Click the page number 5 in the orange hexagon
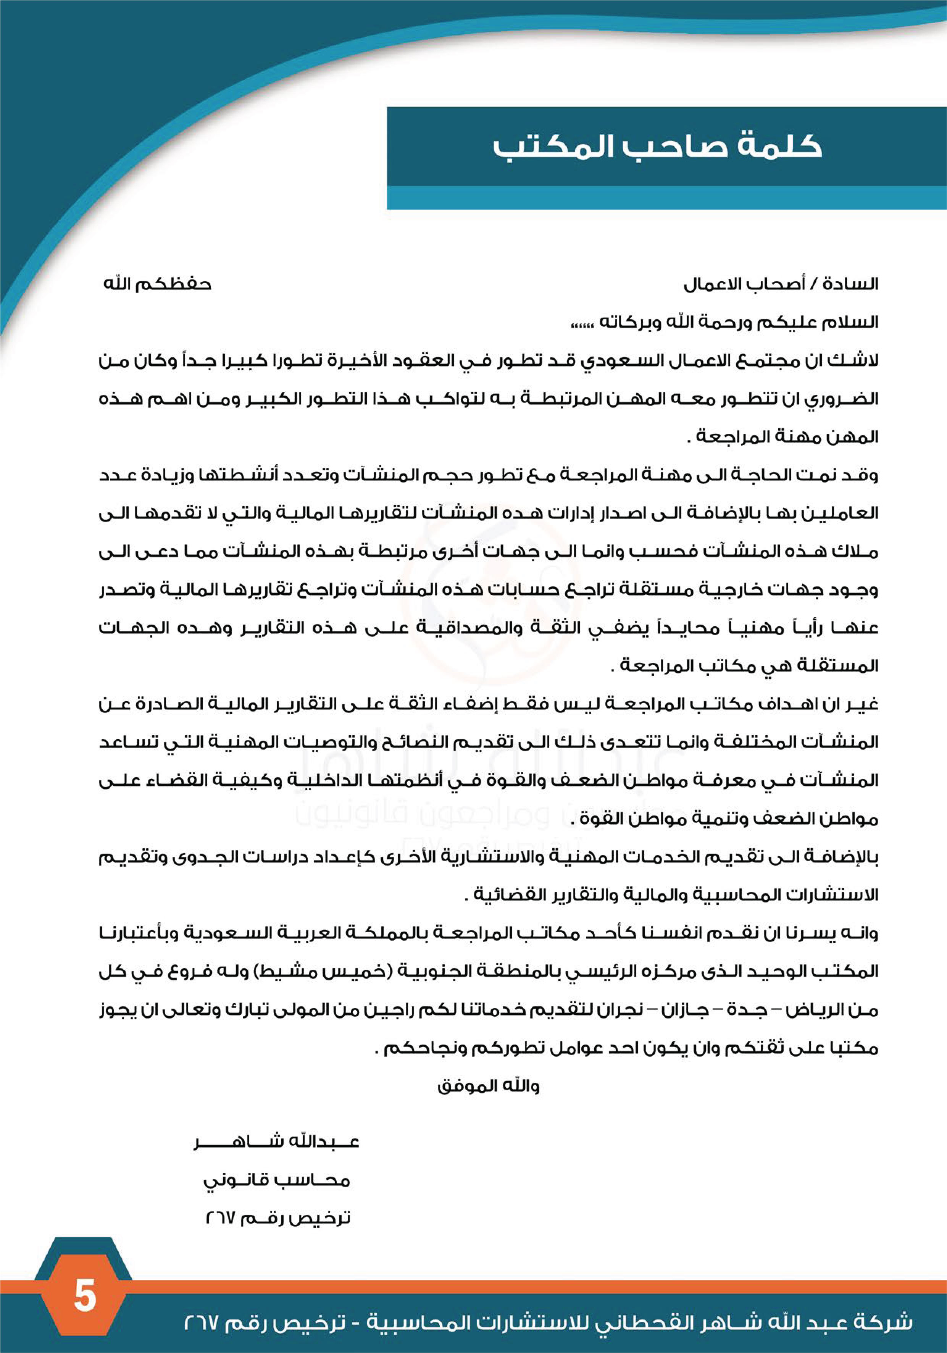[85, 1296]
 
